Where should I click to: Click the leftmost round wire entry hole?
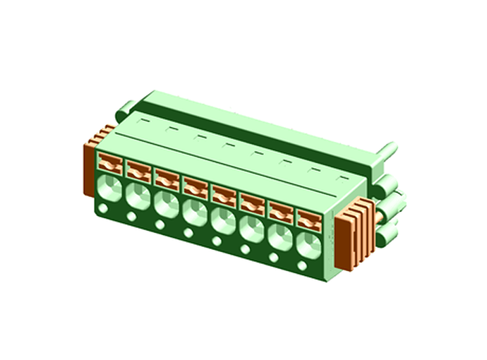pyautogui.click(x=109, y=188)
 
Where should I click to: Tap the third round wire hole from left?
pyautogui.click(x=166, y=205)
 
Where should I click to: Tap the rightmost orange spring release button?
pyautogui.click(x=308, y=220)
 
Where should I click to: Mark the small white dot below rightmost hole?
pyautogui.click(x=302, y=266)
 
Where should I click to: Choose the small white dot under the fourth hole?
pyautogui.click(x=188, y=233)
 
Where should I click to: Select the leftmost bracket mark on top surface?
pyautogui.click(x=144, y=121)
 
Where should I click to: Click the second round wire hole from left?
pyautogui.click(x=137, y=196)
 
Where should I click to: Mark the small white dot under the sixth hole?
pyautogui.click(x=245, y=249)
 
